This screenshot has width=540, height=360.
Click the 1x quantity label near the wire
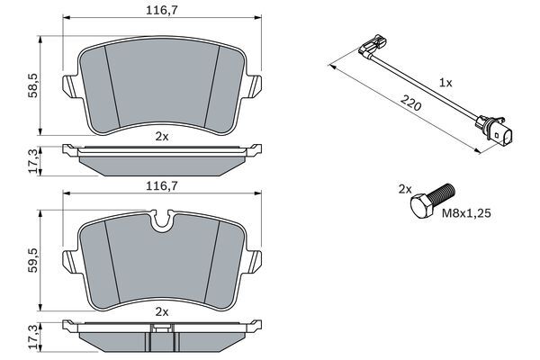(x=445, y=82)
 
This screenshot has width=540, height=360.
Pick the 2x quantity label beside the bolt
(x=405, y=190)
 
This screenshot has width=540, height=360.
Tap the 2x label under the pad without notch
(x=161, y=137)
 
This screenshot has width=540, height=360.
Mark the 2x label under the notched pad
(x=161, y=310)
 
